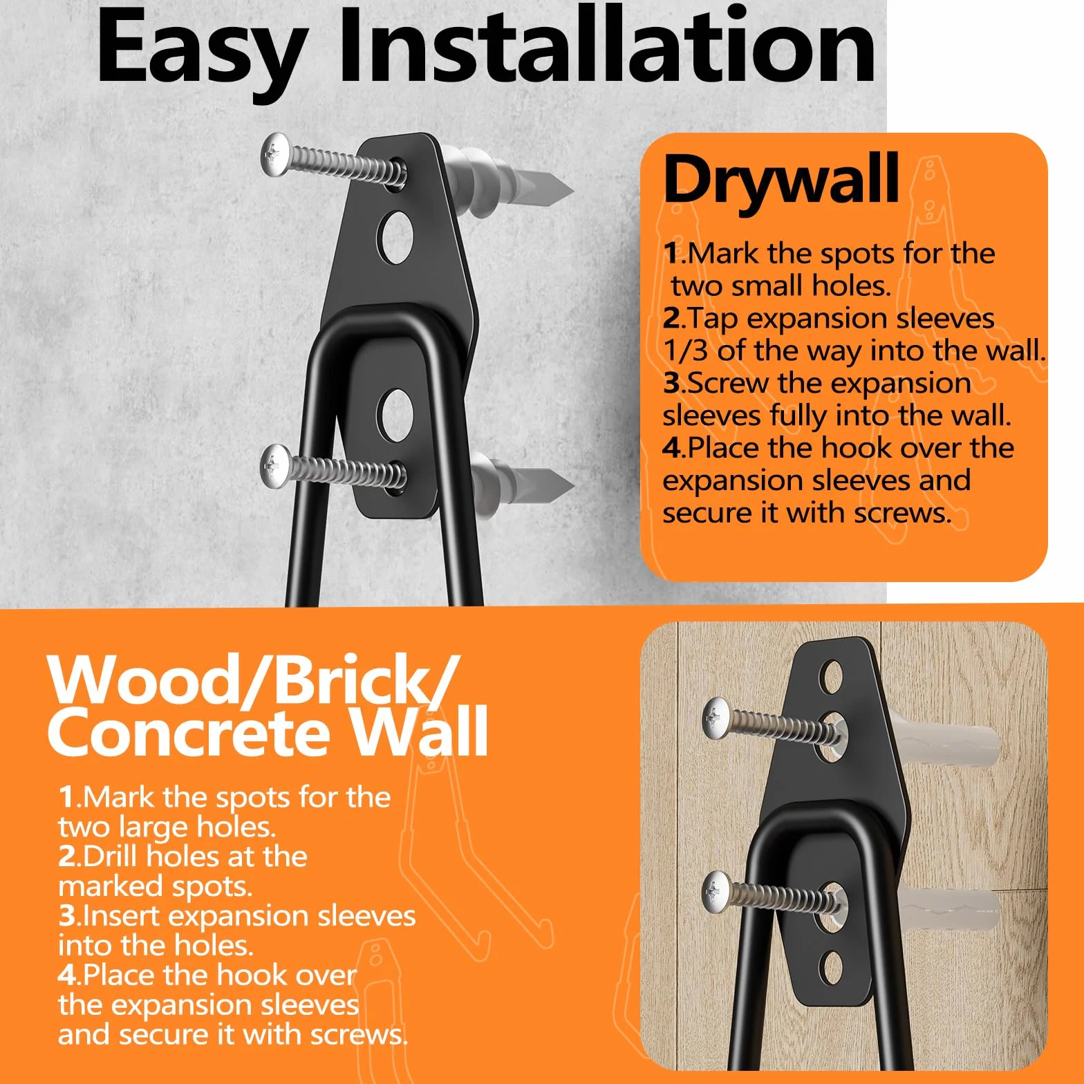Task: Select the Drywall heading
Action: [781, 180]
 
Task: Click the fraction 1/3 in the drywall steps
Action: [685, 351]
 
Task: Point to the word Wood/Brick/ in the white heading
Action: [253, 679]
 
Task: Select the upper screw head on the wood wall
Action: [716, 717]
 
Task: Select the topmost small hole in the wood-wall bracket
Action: [832, 675]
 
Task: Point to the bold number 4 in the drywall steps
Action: [671, 448]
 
